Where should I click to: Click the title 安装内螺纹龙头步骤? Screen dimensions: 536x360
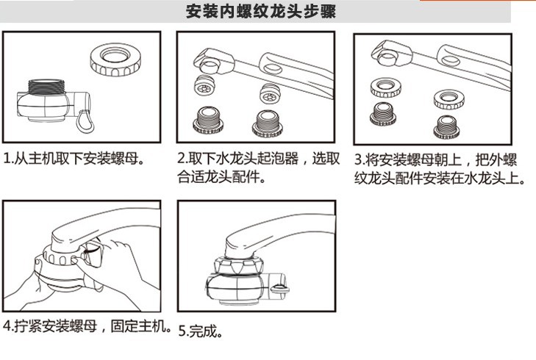point(261,11)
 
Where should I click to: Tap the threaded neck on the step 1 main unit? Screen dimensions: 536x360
point(46,87)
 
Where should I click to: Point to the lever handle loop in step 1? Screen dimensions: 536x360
point(85,122)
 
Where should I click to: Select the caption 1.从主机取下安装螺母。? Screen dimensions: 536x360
point(74,159)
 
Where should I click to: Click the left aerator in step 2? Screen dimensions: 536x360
point(204,85)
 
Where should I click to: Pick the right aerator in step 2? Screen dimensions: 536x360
point(270,93)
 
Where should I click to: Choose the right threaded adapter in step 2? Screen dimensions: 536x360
point(268,123)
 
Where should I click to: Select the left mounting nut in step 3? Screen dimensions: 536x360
point(386,87)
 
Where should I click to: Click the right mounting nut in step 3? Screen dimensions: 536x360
point(449,99)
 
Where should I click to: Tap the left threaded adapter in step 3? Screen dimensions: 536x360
point(383,114)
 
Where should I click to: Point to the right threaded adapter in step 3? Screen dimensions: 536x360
point(447,127)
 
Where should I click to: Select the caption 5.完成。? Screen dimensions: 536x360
point(201,331)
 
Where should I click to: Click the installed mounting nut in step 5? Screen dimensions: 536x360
point(238,266)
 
